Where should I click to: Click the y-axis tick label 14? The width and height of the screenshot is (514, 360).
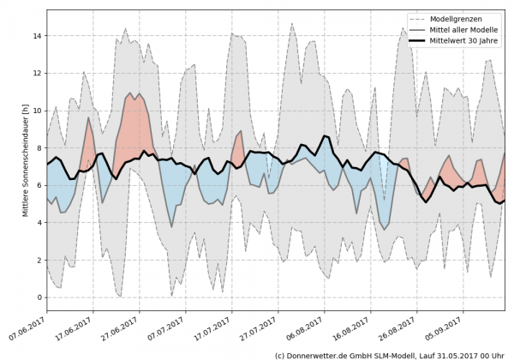pyautogui.click(x=38, y=36)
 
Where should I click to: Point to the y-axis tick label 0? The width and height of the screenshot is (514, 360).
pyautogui.click(x=39, y=297)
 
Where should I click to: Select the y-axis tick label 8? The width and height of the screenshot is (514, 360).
pyautogui.click(x=39, y=148)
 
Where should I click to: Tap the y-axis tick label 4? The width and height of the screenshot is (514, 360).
pyautogui.click(x=39, y=223)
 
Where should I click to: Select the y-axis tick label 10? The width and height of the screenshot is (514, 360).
pyautogui.click(x=38, y=111)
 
